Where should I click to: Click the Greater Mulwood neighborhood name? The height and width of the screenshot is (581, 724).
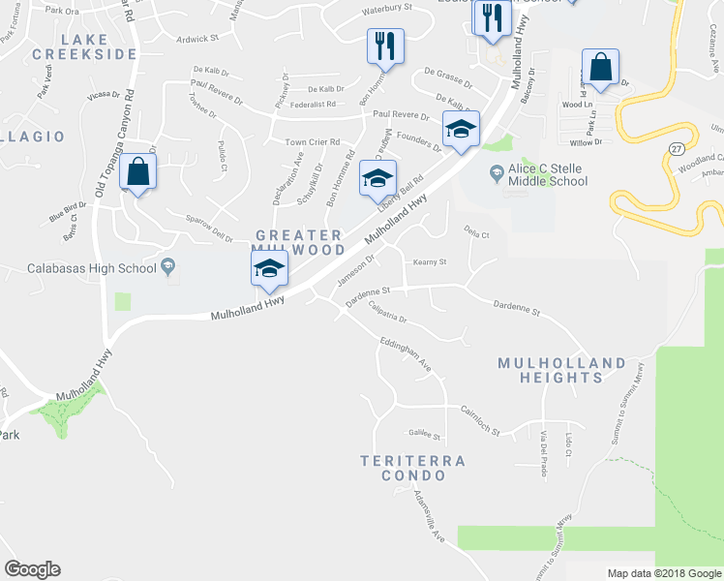(299, 242)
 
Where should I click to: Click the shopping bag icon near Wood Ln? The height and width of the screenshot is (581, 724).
(600, 69)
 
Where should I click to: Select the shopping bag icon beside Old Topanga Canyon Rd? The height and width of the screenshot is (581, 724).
(138, 172)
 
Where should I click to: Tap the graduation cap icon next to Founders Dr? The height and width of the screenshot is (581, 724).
(461, 130)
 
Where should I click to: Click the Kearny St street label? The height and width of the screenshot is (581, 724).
(429, 261)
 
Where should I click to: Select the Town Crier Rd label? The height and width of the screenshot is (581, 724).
(312, 142)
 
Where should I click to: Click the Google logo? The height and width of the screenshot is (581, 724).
(31, 569)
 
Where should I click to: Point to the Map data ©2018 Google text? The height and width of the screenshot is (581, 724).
(663, 573)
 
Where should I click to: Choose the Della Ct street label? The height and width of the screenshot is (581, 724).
(477, 234)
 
